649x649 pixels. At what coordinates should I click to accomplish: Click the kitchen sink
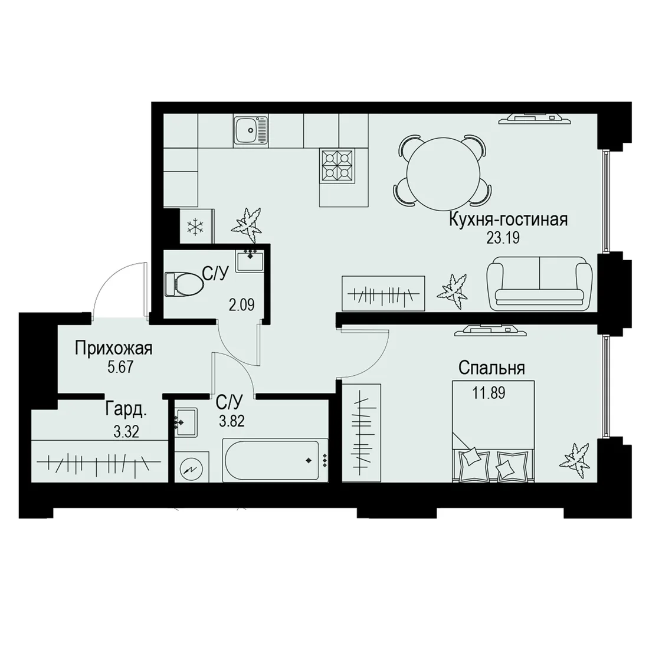point(251,130)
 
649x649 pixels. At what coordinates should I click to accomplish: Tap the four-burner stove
point(337,166)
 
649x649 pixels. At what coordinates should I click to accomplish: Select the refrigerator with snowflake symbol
point(196,227)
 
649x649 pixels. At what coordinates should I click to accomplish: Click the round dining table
point(442,171)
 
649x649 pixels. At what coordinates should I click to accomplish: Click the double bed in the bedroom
point(493,431)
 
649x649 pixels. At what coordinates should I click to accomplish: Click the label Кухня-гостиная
point(508,219)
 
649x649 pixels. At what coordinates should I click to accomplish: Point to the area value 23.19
point(503,238)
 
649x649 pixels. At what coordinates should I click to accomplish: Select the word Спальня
point(491,368)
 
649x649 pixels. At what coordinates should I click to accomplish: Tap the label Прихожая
point(114,349)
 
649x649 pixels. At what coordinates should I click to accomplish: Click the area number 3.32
point(126,432)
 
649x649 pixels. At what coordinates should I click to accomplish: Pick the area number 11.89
point(489,393)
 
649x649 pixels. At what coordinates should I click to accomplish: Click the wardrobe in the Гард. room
point(100,461)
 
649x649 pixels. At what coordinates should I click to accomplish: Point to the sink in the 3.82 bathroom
point(186,422)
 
